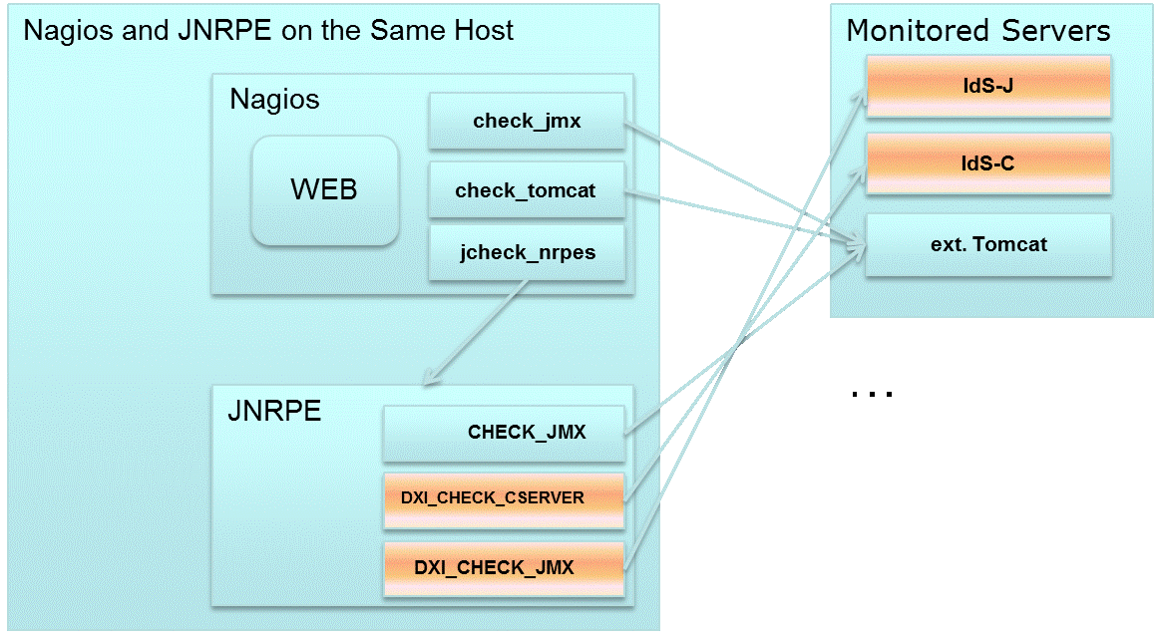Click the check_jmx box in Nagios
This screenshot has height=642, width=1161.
point(526,122)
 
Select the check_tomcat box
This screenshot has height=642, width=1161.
point(526,190)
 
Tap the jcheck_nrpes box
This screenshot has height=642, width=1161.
point(526,252)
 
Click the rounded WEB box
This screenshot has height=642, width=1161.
point(324,190)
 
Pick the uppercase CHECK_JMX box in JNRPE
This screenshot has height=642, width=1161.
point(504,434)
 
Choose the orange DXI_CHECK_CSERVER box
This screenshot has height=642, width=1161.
point(504,497)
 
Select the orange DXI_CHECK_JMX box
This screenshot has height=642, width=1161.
point(504,568)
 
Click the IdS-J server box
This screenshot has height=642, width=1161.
point(987,86)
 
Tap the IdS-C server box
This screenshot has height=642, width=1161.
point(987,163)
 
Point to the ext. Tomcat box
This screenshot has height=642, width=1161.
point(987,244)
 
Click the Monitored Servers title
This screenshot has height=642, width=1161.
point(977,31)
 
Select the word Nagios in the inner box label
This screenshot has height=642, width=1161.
point(274,100)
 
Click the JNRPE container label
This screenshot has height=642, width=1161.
point(275,410)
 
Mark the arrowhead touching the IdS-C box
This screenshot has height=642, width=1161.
point(861,171)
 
